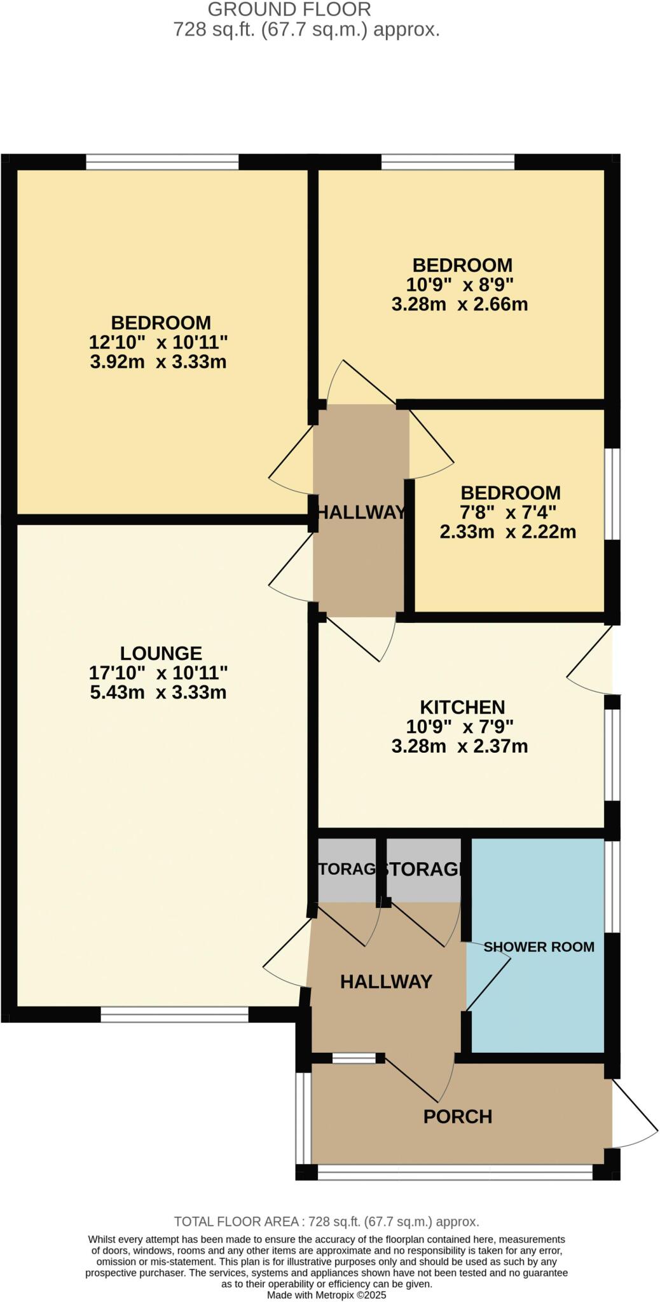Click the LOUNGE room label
(x=161, y=653)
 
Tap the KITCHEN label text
(x=462, y=707)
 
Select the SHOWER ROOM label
(x=539, y=947)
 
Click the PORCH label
(x=458, y=1116)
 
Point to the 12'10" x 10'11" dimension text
(x=158, y=343)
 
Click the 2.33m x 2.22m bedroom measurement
(x=507, y=531)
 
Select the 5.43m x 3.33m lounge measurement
(x=158, y=692)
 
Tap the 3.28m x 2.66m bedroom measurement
(x=460, y=304)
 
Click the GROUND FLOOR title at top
(x=289, y=10)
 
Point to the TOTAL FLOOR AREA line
(x=326, y=1221)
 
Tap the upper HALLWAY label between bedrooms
(x=361, y=512)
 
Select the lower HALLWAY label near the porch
(x=386, y=982)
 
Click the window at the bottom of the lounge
(x=174, y=1015)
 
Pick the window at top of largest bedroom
(x=162, y=162)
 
